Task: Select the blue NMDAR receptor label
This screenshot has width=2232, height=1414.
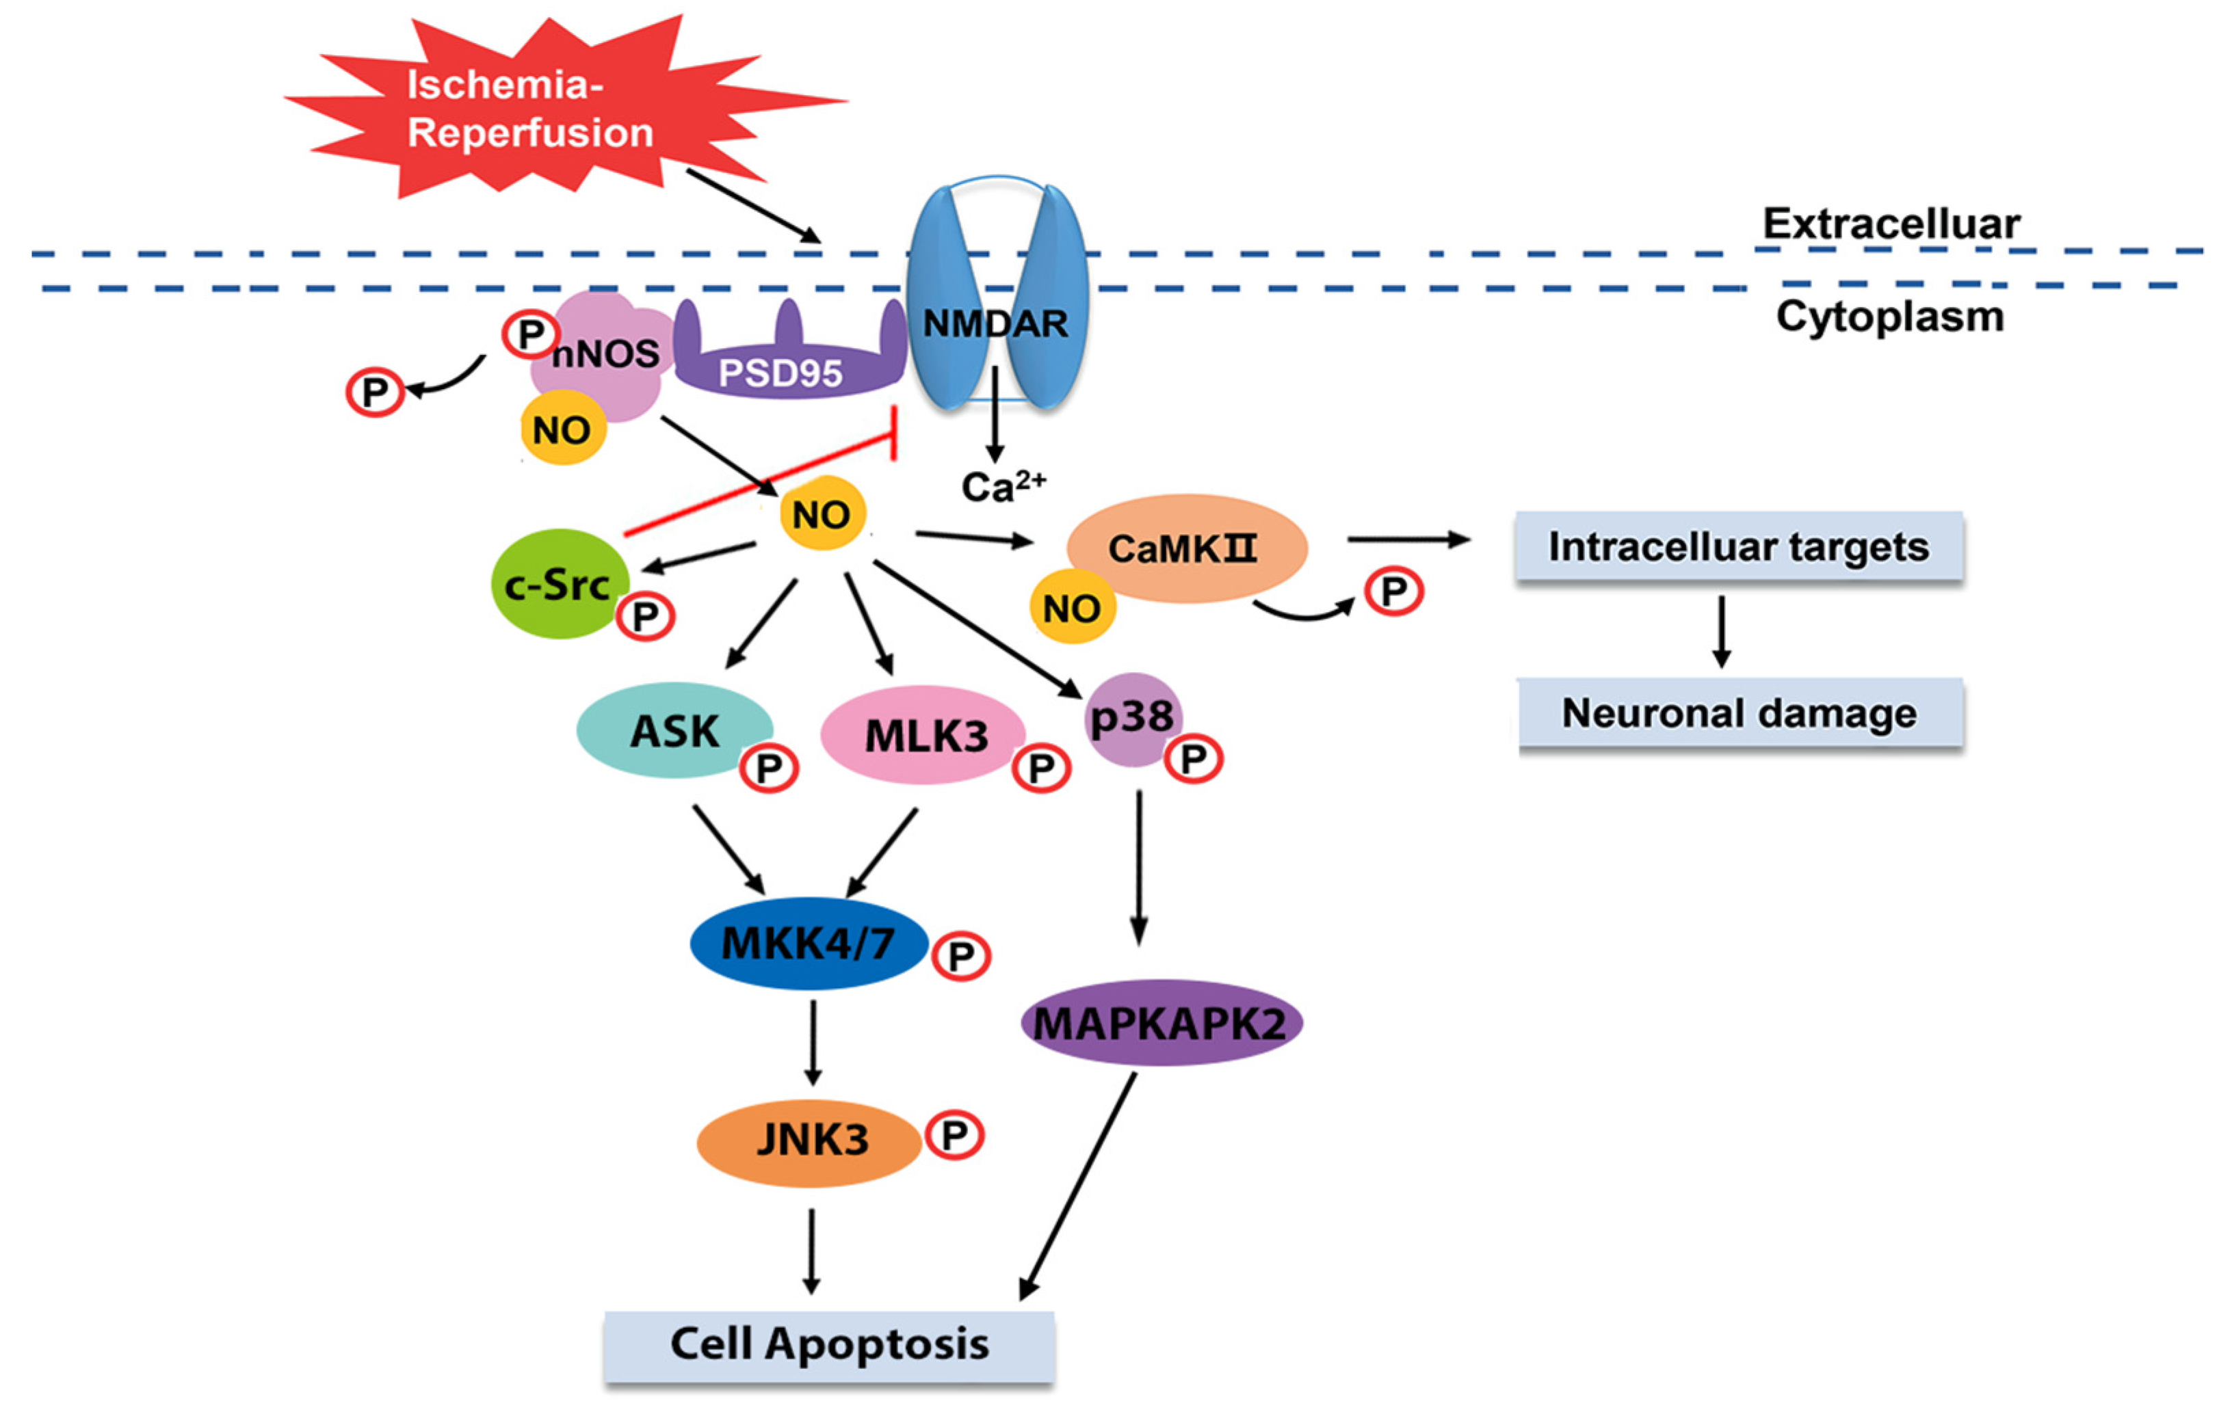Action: pos(995,323)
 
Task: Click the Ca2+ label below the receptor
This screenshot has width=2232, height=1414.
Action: pos(1003,485)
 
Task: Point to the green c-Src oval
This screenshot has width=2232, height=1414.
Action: pos(560,584)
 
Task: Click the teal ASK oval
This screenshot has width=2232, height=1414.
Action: pos(674,730)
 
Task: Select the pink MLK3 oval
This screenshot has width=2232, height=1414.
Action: pos(923,735)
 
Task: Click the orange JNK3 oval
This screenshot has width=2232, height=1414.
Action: pos(809,1143)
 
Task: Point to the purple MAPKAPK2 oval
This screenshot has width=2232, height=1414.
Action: pos(1161,1023)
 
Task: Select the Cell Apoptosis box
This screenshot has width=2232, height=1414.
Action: pos(830,1346)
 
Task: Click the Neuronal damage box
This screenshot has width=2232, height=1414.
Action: pos(1739,713)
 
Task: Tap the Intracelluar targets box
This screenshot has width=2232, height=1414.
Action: pos(1739,547)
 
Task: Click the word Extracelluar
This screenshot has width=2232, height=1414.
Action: pos(1891,224)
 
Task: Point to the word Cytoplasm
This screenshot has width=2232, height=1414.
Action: pos(1890,317)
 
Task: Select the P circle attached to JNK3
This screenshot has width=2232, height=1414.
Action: pos(954,1135)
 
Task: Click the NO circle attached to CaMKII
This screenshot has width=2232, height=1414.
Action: pos(1073,608)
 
